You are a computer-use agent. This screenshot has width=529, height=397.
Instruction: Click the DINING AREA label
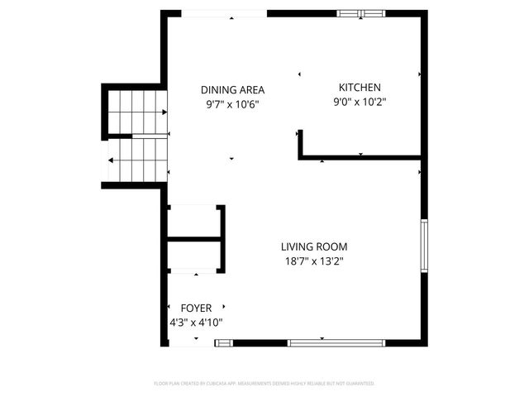point(232,89)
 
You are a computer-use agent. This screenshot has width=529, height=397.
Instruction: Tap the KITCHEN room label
point(360,88)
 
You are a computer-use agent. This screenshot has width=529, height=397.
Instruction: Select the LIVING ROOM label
point(313,246)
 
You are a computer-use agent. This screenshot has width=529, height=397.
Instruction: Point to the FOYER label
point(195,308)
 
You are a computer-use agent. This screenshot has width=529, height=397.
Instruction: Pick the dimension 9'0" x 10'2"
point(360,103)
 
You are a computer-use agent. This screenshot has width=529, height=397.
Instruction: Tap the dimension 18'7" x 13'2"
point(313,261)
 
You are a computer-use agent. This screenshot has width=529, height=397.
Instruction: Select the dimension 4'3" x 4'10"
point(195,323)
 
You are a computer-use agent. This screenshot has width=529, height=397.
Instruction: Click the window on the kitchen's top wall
point(361,13)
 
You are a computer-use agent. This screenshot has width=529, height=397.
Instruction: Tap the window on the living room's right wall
point(425,246)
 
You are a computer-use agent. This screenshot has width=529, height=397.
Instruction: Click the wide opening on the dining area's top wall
point(224,13)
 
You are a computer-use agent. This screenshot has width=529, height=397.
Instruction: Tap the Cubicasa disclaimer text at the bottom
point(264,384)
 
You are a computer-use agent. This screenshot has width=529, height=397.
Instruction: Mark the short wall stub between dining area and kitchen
point(299,142)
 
